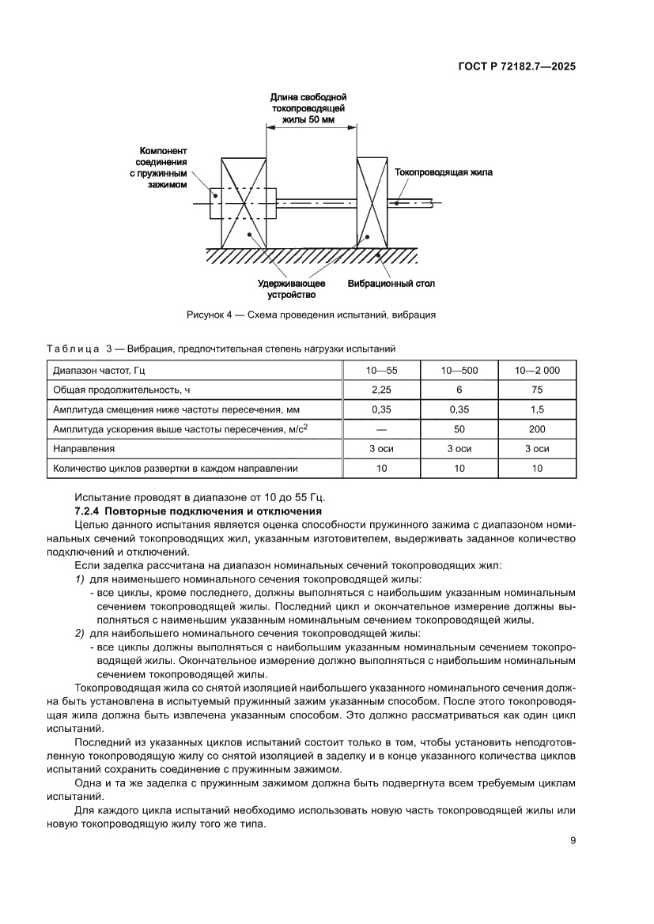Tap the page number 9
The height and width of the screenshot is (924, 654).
[573, 840]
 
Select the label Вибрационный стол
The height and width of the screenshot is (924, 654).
[391, 282]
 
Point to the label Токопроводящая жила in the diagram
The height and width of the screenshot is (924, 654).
[443, 171]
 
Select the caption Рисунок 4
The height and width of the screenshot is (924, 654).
[311, 314]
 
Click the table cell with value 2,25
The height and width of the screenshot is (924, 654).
[381, 389]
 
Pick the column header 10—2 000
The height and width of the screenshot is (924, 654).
[537, 369]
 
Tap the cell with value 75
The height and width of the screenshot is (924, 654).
[537, 389]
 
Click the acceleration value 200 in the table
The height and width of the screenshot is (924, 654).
[537, 428]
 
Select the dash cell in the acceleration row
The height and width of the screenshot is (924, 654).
[381, 428]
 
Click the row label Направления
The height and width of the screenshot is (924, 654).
[78, 448]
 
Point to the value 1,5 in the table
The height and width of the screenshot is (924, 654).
[537, 409]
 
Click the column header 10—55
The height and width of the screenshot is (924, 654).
[381, 369]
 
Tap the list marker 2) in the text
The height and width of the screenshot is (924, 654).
[79, 633]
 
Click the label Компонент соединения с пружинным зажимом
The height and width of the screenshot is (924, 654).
[162, 167]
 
